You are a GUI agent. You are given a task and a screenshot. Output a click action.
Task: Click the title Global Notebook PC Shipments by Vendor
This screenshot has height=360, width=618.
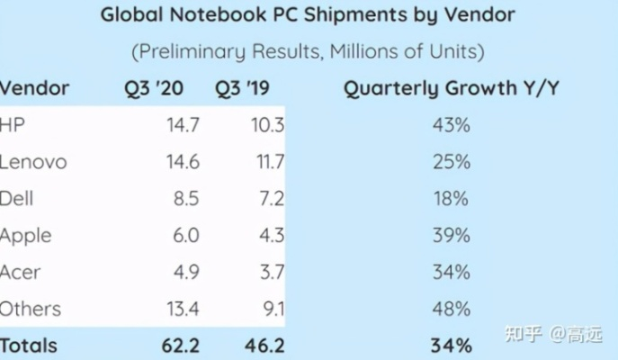[309, 15]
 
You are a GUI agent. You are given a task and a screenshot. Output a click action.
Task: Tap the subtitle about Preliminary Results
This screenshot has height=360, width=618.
[309, 51]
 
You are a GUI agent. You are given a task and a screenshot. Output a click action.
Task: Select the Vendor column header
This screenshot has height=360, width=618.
[34, 88]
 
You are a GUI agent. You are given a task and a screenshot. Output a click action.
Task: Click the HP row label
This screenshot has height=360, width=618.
[13, 125]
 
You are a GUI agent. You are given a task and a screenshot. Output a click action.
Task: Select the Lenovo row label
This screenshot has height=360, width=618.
[33, 162]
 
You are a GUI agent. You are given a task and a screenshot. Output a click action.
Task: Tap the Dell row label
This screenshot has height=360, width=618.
[18, 199]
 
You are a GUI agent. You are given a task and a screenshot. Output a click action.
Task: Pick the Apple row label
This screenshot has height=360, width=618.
[26, 236]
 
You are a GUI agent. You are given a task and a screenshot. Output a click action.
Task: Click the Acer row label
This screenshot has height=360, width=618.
[21, 272]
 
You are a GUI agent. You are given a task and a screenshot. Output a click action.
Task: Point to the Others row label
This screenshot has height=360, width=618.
[31, 309]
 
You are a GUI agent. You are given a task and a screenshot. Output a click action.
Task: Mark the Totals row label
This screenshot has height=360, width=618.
[29, 345]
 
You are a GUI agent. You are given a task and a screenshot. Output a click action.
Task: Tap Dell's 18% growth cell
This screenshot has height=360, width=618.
[451, 199]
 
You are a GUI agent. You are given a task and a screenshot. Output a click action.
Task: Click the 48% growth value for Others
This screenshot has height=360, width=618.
[451, 309]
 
